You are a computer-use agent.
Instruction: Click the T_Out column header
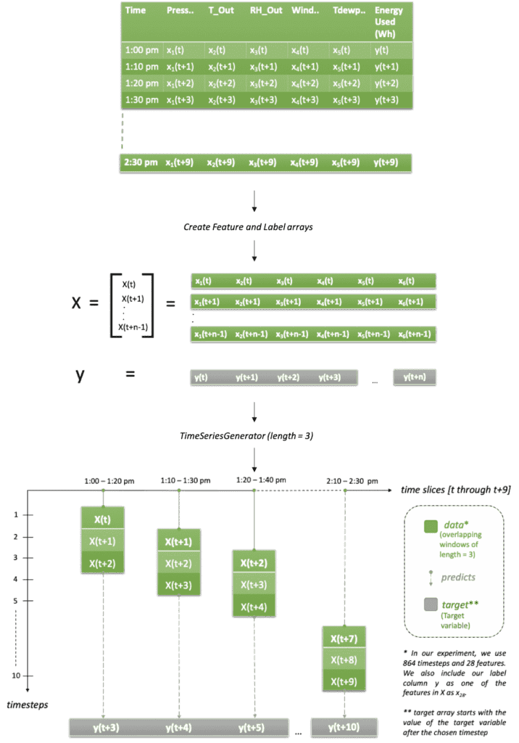point(221,11)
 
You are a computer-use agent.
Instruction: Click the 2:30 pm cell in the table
point(141,162)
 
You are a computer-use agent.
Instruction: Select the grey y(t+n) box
point(415,377)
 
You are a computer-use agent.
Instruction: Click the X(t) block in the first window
point(104,520)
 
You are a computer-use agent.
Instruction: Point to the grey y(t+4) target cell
point(178,727)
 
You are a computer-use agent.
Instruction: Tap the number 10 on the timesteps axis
point(14,676)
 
